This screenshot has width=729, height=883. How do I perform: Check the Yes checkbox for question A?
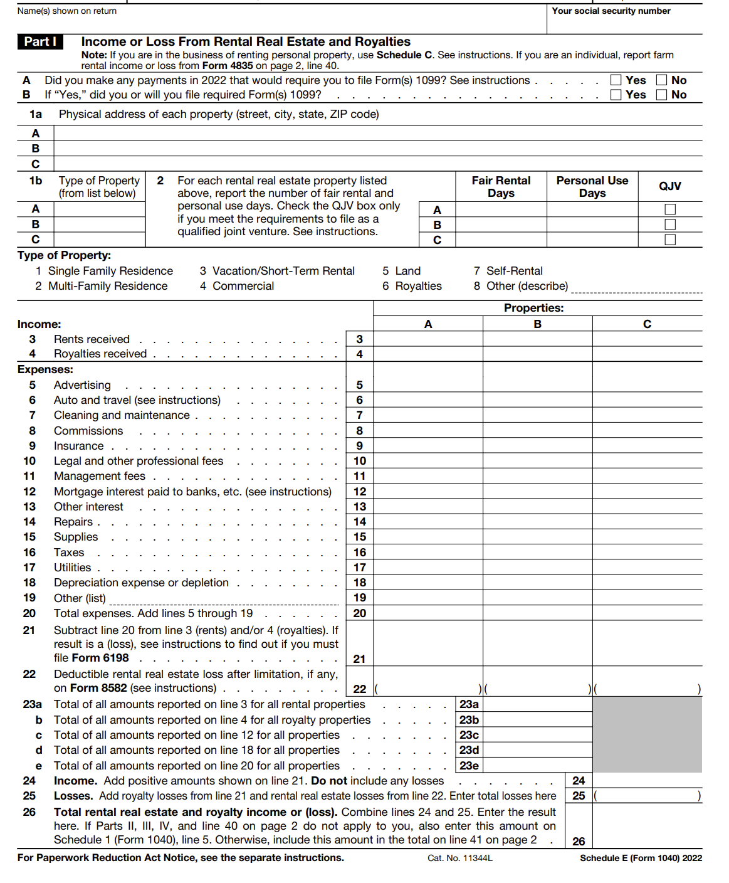(x=616, y=80)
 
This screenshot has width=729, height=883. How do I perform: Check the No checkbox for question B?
(x=661, y=95)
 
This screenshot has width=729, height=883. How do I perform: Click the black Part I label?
(x=40, y=41)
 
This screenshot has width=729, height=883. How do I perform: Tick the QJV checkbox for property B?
(x=670, y=225)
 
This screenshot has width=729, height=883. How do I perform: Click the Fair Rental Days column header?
(x=501, y=187)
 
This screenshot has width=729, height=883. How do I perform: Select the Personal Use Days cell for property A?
(x=592, y=209)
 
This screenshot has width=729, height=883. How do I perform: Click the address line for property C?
(x=376, y=164)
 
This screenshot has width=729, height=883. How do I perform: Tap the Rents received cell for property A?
(x=428, y=339)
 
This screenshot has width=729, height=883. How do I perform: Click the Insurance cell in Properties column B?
(x=537, y=446)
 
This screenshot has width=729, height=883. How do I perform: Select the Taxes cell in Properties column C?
(x=647, y=553)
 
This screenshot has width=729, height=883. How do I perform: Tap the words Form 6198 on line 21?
(x=100, y=658)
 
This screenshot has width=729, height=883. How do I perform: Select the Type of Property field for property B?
(x=99, y=225)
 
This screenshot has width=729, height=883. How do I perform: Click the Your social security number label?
(x=611, y=11)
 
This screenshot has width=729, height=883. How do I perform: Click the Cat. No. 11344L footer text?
(x=460, y=858)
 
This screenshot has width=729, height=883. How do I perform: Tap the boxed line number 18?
(x=359, y=583)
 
